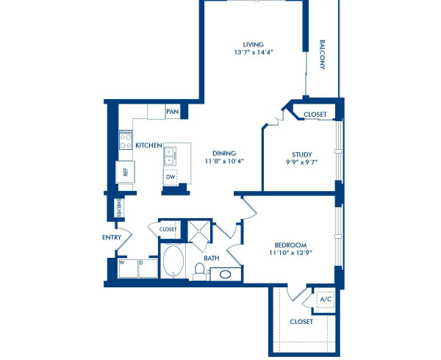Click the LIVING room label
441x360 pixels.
(x=253, y=44)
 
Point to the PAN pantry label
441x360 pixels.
(x=172, y=112)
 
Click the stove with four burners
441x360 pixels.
(x=126, y=137)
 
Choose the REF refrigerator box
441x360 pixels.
(x=126, y=172)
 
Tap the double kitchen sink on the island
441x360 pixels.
(x=170, y=154)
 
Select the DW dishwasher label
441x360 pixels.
(x=171, y=177)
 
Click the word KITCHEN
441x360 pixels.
(x=148, y=145)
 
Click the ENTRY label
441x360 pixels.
(x=112, y=237)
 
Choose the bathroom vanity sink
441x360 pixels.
(x=225, y=274)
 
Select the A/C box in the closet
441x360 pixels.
(x=324, y=300)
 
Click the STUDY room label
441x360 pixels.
(x=302, y=154)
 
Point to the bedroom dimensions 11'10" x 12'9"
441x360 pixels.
(x=290, y=254)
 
